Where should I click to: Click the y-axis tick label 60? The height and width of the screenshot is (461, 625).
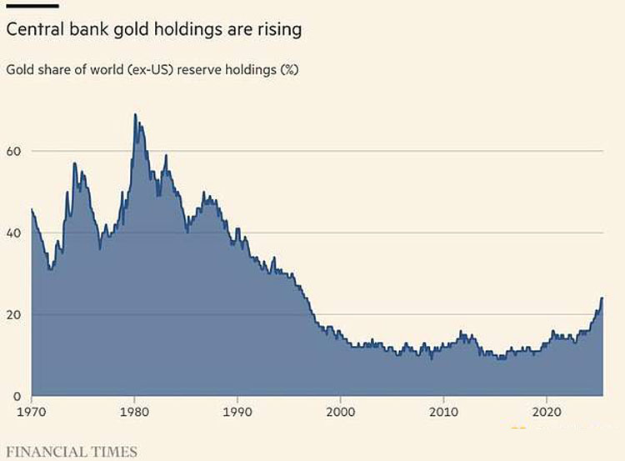(13, 151)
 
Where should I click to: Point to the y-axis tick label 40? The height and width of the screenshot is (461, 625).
(13, 233)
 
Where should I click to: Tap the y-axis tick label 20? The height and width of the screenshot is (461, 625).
(13, 314)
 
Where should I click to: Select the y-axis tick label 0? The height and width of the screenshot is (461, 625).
(17, 397)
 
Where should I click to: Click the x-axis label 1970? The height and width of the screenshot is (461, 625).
(32, 412)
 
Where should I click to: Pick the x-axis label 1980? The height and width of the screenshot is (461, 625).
(134, 412)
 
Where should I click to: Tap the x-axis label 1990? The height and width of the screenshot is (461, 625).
(237, 412)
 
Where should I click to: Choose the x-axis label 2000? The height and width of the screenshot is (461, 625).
(340, 412)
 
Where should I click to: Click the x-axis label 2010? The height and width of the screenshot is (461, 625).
(443, 412)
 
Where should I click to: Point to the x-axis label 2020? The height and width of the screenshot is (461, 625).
(546, 412)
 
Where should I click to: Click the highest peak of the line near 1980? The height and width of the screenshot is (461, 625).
(135, 114)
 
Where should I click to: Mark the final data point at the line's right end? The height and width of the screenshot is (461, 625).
(602, 298)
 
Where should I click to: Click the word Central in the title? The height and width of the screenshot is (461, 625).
(35, 29)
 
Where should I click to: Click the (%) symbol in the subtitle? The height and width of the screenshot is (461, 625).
(289, 70)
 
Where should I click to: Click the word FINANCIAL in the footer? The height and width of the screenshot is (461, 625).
(47, 452)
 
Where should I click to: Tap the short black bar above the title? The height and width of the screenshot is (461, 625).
(32, 6)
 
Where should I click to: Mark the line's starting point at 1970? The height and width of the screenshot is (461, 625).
(32, 209)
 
